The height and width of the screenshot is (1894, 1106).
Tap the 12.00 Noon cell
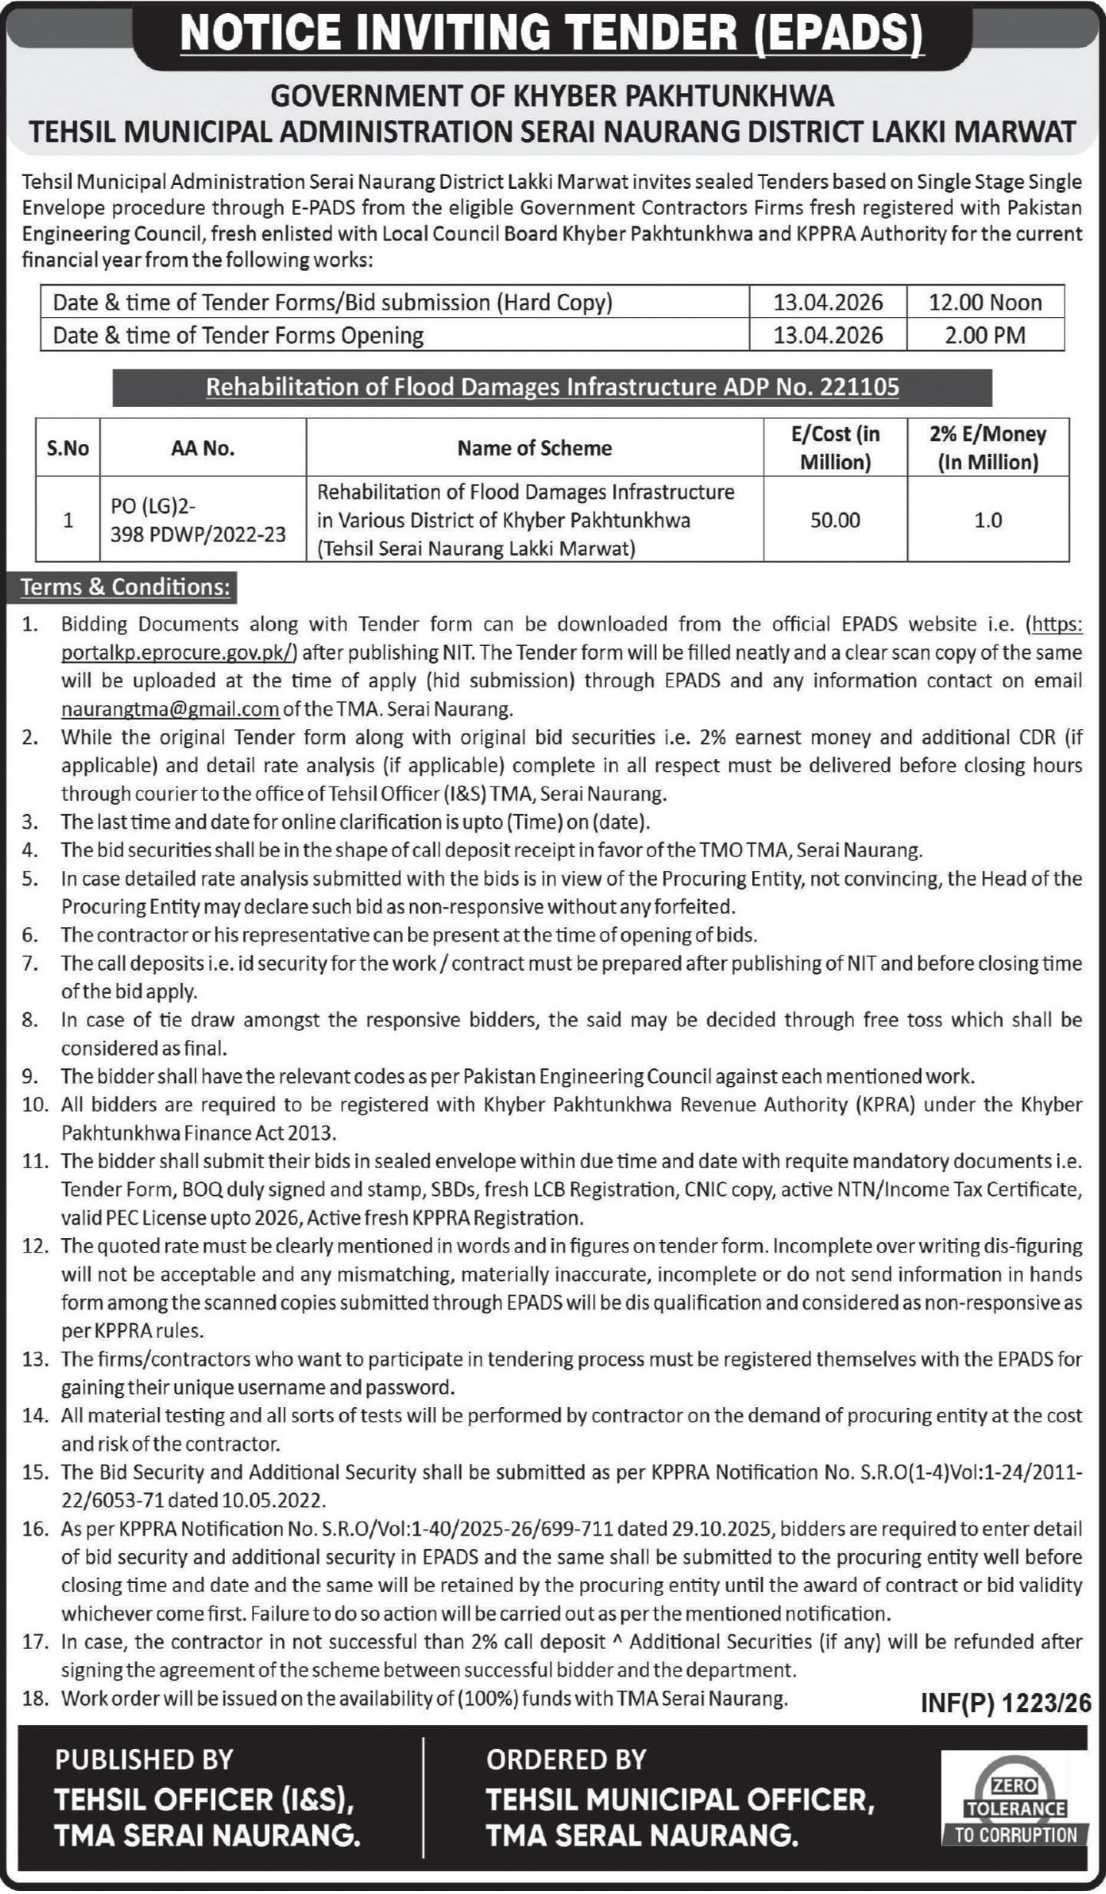(985, 303)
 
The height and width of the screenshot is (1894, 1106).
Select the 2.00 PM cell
(985, 336)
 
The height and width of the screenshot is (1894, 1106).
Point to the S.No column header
(68, 449)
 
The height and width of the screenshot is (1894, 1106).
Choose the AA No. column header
(203, 449)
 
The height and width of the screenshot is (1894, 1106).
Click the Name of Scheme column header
(535, 449)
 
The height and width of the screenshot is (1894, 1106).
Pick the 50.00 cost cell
(835, 521)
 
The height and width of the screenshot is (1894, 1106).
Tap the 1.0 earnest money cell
(988, 521)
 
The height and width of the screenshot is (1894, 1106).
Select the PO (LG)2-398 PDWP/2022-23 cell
(198, 521)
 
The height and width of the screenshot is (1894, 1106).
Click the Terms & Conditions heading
(125, 588)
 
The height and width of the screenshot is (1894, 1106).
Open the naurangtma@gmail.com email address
(170, 709)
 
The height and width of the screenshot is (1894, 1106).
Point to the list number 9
(30, 1077)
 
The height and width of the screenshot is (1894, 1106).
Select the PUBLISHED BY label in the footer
(144, 1760)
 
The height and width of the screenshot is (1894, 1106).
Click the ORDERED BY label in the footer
(566, 1760)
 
